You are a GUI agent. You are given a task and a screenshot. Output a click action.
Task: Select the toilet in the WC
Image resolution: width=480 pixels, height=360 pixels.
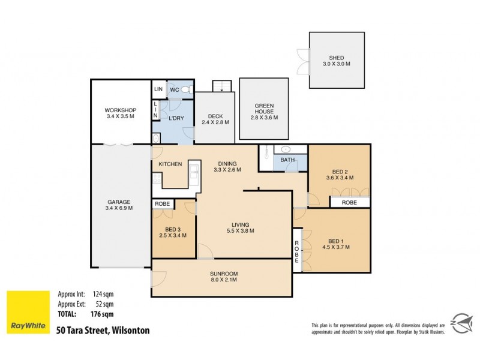(186, 90)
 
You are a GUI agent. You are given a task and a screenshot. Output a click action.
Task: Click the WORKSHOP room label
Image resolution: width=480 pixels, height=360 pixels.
(120, 110)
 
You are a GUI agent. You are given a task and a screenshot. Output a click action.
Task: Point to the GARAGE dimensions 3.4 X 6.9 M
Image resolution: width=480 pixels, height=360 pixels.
(119, 208)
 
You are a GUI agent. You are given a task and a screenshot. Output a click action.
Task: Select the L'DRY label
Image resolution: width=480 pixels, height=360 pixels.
(176, 118)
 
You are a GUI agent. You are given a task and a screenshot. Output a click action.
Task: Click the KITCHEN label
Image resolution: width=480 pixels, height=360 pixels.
(170, 164)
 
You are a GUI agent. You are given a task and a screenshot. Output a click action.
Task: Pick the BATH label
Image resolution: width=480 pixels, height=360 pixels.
(287, 160)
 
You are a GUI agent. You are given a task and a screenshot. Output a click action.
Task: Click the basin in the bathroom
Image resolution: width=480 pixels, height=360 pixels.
(286, 149)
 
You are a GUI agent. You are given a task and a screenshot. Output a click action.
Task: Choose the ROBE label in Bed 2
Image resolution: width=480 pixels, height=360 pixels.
(349, 203)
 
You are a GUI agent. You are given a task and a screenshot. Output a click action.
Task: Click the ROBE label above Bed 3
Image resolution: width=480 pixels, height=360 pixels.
(162, 204)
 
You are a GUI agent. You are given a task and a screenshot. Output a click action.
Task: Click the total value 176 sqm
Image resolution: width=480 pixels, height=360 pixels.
(103, 313)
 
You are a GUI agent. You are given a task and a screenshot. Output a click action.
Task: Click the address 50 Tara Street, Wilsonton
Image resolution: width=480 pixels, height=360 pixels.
(103, 330)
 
